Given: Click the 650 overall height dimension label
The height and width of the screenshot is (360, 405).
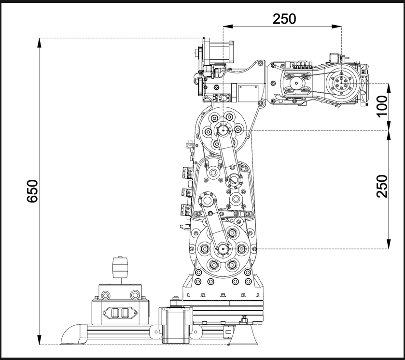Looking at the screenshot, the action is pos(32,191).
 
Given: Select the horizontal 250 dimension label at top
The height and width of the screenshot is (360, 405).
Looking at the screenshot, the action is pos(284,19).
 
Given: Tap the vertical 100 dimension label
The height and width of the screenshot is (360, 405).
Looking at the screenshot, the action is pos(382,106).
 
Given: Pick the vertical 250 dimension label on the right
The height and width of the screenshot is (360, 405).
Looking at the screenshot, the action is pos(382,186).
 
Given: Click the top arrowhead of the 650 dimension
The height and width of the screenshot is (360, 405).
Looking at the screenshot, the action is pos(39,43).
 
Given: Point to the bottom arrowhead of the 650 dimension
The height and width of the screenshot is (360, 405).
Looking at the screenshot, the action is pos(39,340).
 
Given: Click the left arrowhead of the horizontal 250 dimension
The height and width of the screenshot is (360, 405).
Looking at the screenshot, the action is pos(228,27).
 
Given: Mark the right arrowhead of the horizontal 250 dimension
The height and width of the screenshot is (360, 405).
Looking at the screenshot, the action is pos(336,27).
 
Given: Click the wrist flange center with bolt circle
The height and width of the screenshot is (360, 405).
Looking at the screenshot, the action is pos(341,83).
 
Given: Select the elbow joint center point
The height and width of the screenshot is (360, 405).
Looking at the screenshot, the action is pos(223,130).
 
